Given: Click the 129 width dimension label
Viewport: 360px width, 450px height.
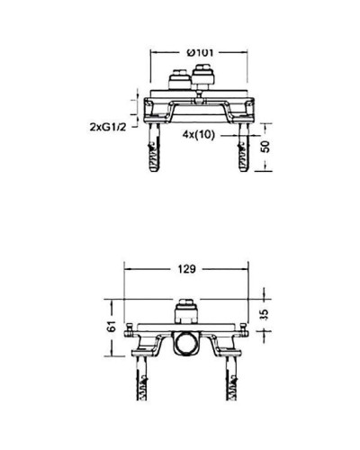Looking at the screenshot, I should coord(187,268).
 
